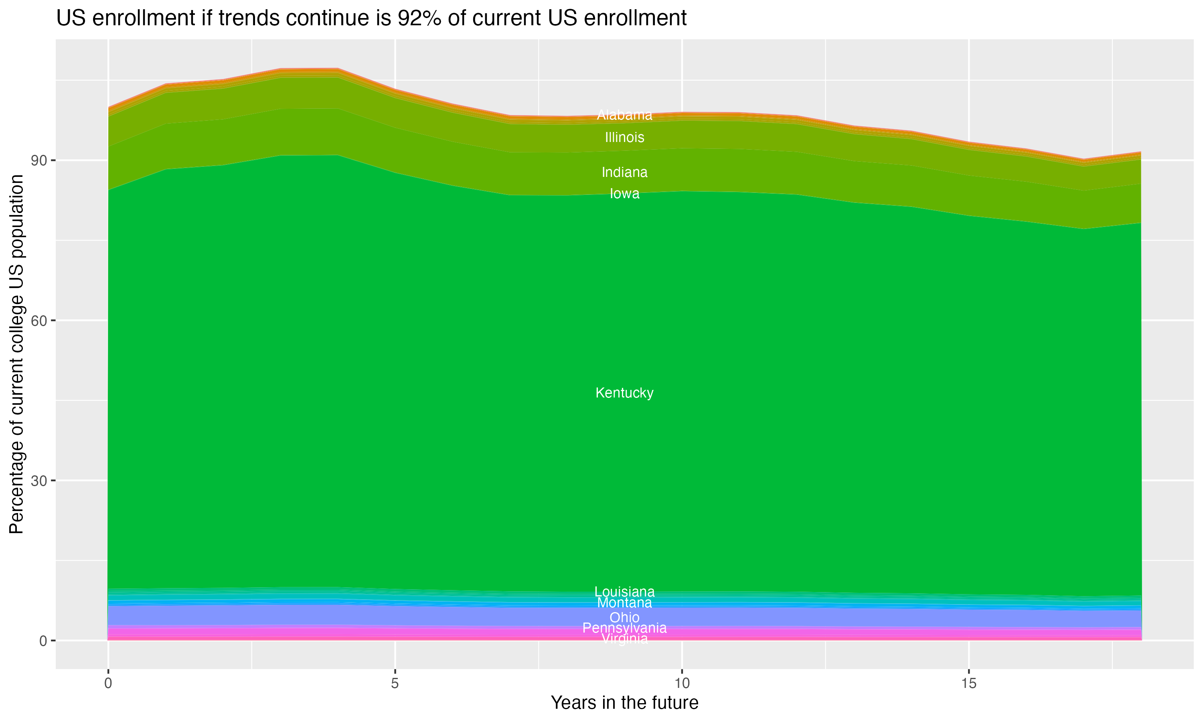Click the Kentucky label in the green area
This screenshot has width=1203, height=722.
[x=624, y=393]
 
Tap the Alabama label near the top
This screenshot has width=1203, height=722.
[x=624, y=115]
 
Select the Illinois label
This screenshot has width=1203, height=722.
[x=624, y=138]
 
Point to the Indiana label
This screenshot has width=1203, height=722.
[x=624, y=172]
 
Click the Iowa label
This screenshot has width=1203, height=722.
[x=624, y=194]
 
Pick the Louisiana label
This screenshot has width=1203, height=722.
[x=624, y=592]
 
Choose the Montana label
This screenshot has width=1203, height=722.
[x=624, y=603]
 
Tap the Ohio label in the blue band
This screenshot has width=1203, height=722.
[x=624, y=617]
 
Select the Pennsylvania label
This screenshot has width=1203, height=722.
[x=624, y=628]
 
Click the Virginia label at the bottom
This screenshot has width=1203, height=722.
[x=624, y=639]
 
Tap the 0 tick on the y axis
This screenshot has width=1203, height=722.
[x=43, y=641]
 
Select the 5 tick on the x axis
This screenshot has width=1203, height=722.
[x=395, y=683]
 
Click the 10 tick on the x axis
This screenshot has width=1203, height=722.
[x=682, y=683]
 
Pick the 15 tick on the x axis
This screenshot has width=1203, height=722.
[x=969, y=683]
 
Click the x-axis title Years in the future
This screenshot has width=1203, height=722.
[x=624, y=703]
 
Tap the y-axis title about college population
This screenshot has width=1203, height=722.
[x=16, y=354]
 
